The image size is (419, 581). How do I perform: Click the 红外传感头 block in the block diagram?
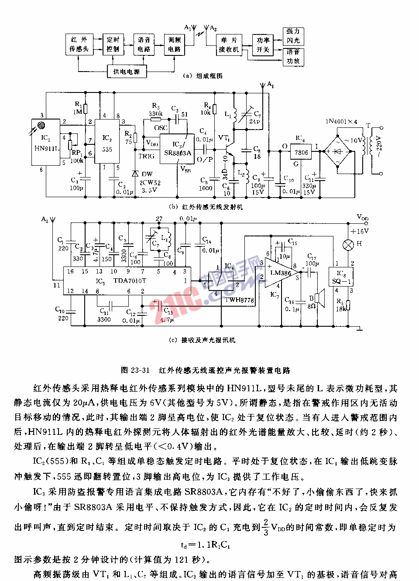click(x=79, y=44)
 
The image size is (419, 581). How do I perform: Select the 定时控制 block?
click(x=113, y=44)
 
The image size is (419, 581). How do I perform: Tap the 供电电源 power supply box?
click(x=127, y=72)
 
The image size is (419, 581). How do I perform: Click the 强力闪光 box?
click(x=293, y=36)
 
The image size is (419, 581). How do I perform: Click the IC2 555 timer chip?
click(x=107, y=140)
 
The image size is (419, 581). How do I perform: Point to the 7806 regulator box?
click(x=301, y=152)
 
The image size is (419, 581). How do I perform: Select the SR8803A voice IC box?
click(x=177, y=149)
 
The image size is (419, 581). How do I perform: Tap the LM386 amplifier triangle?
click(x=280, y=273)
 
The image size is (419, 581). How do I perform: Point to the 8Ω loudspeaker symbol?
click(x=320, y=298)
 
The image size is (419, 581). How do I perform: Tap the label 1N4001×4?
click(x=341, y=122)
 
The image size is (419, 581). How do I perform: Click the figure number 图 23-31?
click(x=135, y=370)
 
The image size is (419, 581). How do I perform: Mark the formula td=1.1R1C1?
click(x=205, y=545)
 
